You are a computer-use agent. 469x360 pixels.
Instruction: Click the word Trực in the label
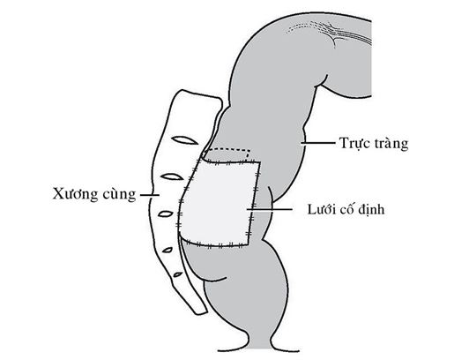353,144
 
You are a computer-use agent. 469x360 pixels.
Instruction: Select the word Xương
75,194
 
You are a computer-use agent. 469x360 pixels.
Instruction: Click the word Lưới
320,209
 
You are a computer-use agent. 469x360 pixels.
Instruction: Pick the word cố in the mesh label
346,209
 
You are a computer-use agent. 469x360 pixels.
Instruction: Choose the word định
371,209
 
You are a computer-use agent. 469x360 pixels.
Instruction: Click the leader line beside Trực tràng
318,143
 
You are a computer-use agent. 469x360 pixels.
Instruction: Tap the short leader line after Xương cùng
150,195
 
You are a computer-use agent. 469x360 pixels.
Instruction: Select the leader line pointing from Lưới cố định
269,209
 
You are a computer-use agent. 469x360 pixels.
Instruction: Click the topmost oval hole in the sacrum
185,139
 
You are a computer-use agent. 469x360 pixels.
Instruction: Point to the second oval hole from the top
172,176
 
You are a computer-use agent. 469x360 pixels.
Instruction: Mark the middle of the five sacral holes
166,214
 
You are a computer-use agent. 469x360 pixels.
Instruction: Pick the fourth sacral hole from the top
167,250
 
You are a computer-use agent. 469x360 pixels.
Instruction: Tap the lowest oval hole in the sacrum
178,274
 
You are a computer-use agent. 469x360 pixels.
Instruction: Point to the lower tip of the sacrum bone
201,312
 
